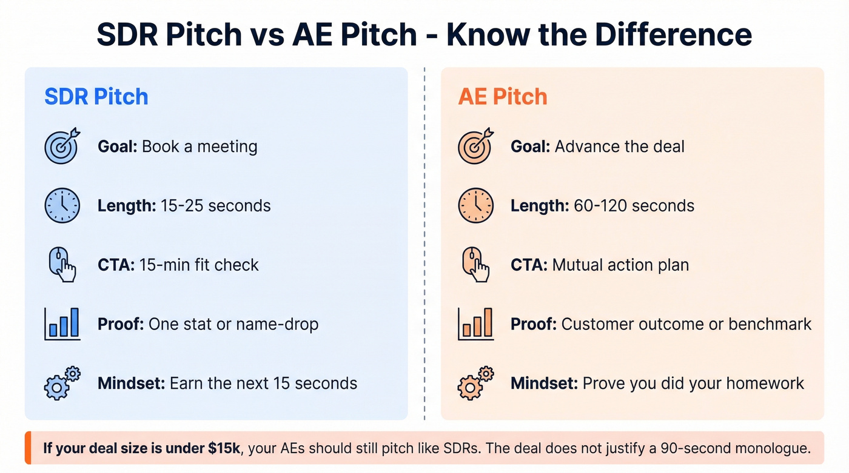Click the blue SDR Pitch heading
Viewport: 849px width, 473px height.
click(x=96, y=97)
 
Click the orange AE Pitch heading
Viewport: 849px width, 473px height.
click(x=503, y=97)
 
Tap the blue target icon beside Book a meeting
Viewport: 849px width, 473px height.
click(x=62, y=147)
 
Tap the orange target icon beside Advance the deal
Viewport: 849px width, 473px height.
click(x=475, y=147)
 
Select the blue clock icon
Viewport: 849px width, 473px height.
click(x=62, y=206)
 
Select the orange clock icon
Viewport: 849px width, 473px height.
click(x=475, y=206)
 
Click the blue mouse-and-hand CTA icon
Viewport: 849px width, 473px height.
click(x=62, y=265)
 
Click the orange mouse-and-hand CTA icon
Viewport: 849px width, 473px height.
click(x=475, y=265)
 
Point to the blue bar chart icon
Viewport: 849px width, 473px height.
click(x=62, y=324)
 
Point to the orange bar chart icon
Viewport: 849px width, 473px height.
click(x=475, y=324)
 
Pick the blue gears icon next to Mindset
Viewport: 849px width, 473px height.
click(x=62, y=383)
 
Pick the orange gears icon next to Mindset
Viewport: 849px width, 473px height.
click(x=475, y=383)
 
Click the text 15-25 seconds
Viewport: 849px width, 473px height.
click(x=215, y=206)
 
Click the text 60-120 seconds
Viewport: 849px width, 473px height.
click(x=634, y=206)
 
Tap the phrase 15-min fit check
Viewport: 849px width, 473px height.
click(x=199, y=265)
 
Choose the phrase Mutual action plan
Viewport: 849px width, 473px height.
click(x=620, y=265)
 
